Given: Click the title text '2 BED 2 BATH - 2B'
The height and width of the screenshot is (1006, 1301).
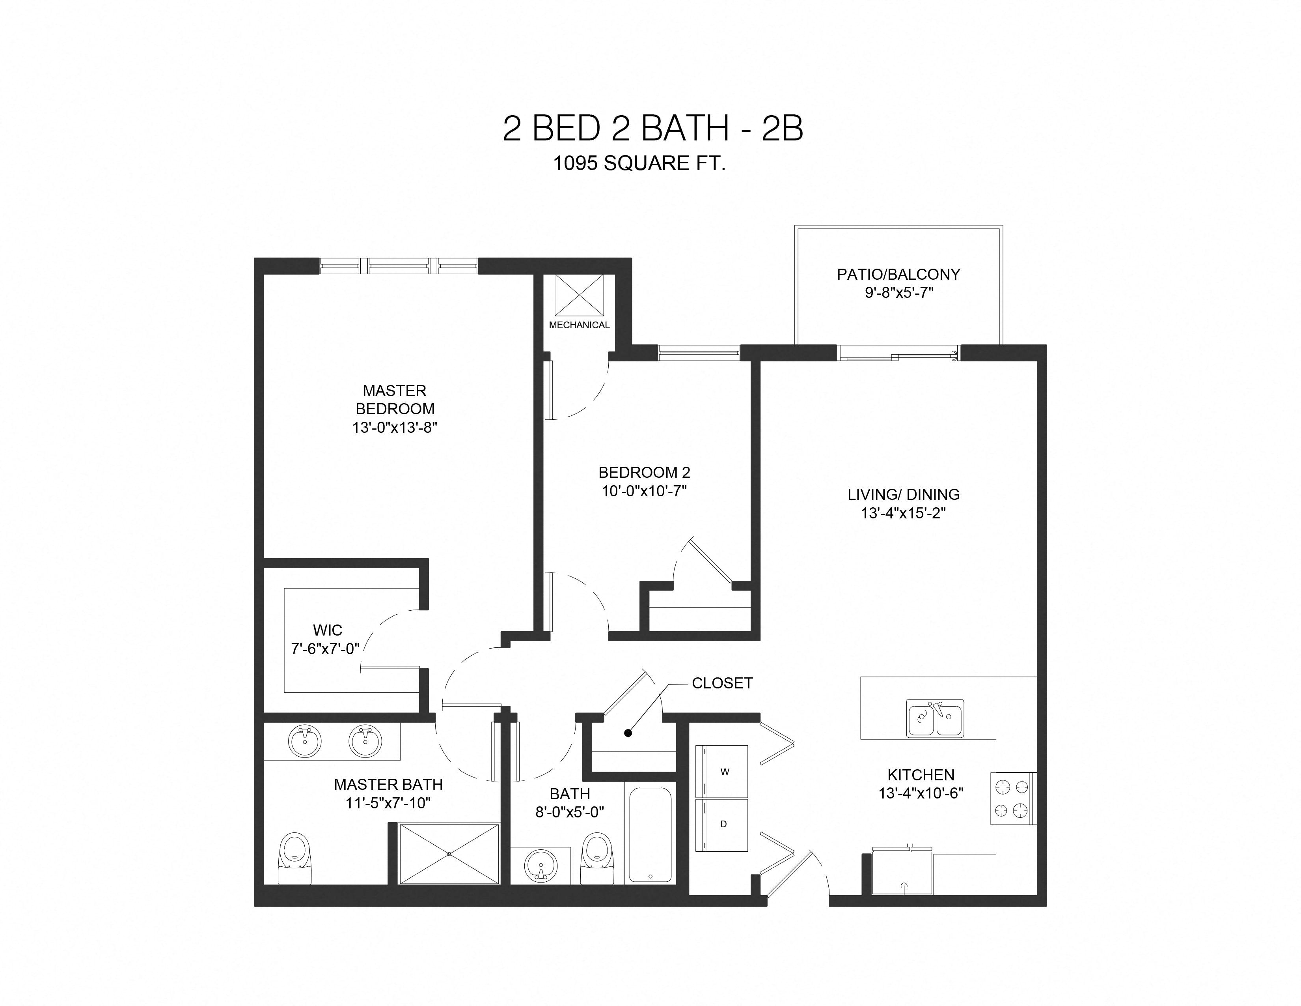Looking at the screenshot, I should point(653,128).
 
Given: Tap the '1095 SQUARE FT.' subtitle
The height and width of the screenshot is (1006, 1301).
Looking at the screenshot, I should point(639,163).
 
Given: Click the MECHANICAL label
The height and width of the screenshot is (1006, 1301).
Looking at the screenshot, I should point(579,325).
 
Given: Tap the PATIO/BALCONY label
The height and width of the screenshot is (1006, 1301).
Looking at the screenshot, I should point(898,274).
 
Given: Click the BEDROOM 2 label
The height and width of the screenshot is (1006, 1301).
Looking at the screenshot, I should point(644,473).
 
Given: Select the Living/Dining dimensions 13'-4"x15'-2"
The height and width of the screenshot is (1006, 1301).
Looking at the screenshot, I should point(903,513).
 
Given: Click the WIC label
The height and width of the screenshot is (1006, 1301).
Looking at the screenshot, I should point(328,630).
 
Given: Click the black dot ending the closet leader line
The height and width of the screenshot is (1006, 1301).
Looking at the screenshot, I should point(628,733).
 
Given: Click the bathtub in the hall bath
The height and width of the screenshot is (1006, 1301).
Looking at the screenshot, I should point(650,834).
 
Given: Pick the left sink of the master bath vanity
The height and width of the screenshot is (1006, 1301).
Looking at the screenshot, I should point(304,741).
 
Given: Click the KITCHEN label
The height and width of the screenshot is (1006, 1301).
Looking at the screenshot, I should point(920,775).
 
